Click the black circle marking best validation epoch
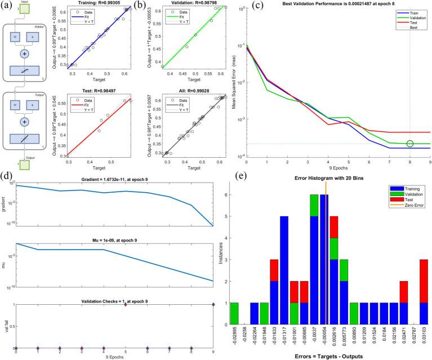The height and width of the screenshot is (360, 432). (409, 144)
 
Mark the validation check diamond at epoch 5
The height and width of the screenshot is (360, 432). (126, 304)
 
